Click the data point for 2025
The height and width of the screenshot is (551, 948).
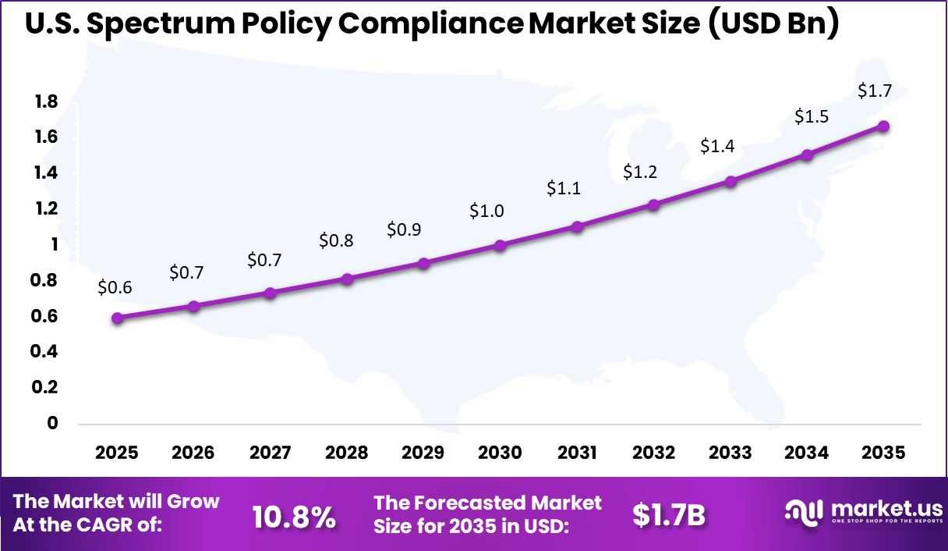(118, 318)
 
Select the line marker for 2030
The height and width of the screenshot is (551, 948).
(500, 245)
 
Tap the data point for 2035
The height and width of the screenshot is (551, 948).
(883, 126)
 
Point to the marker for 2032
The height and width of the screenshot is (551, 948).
(653, 204)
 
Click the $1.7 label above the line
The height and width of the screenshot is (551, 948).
(875, 91)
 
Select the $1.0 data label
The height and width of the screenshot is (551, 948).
(486, 211)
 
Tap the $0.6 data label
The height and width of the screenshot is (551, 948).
(115, 287)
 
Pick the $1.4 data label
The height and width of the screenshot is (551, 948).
(716, 145)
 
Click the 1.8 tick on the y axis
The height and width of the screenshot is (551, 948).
(46, 101)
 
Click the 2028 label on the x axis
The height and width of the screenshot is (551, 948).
(346, 453)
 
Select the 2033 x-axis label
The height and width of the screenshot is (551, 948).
(730, 453)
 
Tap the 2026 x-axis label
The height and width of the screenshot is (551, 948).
(193, 453)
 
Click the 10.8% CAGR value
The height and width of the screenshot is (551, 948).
(295, 515)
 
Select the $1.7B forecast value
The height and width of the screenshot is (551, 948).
(668, 515)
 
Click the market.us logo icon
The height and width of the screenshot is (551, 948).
(803, 512)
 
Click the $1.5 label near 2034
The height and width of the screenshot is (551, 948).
(812, 117)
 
